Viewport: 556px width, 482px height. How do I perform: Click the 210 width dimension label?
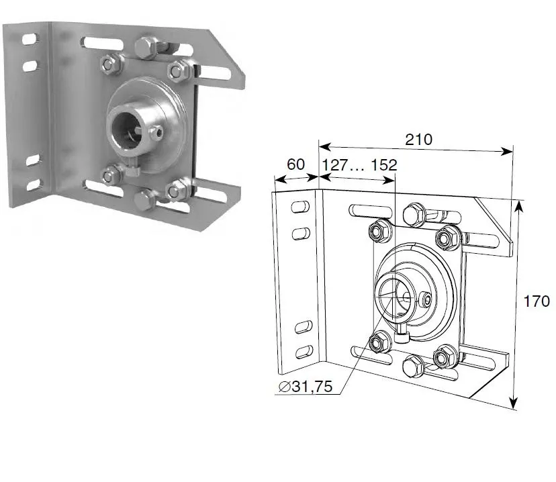click(x=418, y=139)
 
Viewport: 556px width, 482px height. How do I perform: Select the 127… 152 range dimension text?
click(x=359, y=165)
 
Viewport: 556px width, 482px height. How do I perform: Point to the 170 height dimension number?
click(x=537, y=301)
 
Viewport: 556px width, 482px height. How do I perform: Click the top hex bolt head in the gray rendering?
click(x=146, y=48)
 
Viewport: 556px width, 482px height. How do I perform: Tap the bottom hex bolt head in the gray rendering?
click(x=146, y=199)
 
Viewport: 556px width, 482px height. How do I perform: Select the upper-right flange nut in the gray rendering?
click(x=179, y=69)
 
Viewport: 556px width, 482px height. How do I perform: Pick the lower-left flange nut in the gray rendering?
click(x=110, y=176)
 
